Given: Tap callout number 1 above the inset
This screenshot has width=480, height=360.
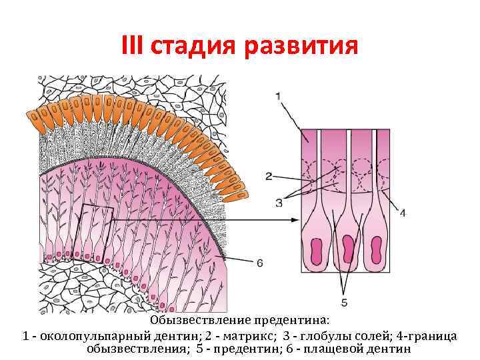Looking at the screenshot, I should (278, 97).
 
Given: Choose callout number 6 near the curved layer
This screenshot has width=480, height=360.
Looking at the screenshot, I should (259, 263).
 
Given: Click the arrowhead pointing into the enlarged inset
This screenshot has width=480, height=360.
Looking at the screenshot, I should (294, 219).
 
